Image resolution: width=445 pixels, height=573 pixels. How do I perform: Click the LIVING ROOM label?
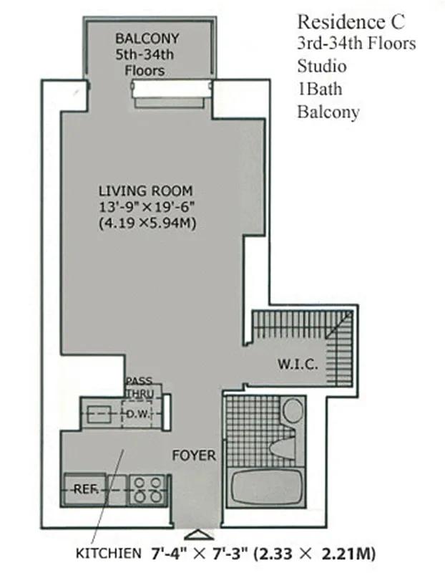coord(145,191)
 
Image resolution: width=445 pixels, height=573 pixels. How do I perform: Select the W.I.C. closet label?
coord(297,364)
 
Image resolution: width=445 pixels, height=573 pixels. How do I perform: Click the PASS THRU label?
coord(138,387)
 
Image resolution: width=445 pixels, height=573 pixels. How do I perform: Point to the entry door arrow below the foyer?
coord(196,534)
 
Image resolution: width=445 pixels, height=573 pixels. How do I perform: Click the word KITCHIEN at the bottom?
coord(109,554)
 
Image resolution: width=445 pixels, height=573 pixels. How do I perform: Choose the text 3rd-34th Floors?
coord(356,44)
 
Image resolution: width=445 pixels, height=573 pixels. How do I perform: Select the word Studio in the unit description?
coord(322,67)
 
